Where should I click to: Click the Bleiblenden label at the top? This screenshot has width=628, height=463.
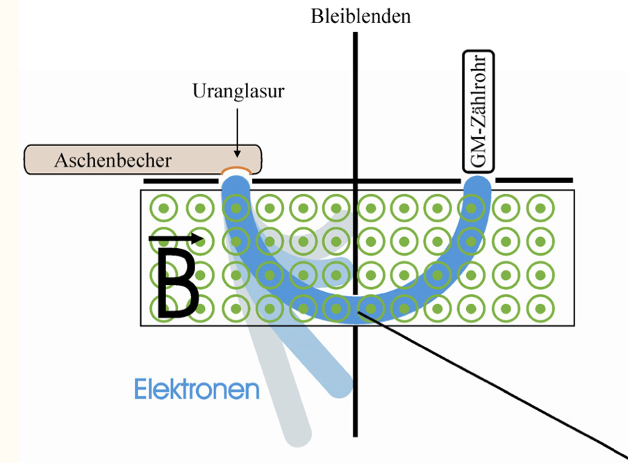[x=360, y=15]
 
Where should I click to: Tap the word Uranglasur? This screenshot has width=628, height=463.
[x=238, y=92]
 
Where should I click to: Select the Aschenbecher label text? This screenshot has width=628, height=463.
[x=113, y=161]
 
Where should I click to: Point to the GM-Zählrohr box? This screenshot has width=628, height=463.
[x=478, y=111]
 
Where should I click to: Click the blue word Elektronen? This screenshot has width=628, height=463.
[x=197, y=389]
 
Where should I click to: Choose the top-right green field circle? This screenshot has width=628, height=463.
[x=540, y=207]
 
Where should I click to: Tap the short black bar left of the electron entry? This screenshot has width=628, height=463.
[x=181, y=181]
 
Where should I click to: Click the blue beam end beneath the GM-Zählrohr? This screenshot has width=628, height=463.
[x=478, y=186]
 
